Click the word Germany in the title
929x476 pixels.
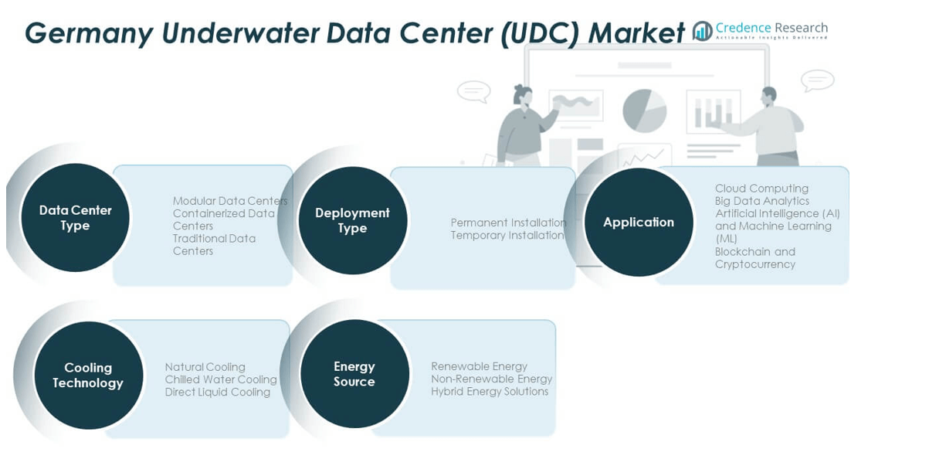pos(89,33)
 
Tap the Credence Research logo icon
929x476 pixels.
pos(703,31)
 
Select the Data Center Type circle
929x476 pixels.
pos(75,218)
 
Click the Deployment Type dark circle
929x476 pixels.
pos(352,220)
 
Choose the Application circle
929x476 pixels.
pos(639,222)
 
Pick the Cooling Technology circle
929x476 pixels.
pos(88,375)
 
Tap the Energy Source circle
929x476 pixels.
pos(354,373)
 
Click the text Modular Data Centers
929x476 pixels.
pos(230,201)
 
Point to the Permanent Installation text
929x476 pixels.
pos(508,223)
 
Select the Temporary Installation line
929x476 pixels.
pos(507,236)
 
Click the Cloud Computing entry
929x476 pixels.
pos(762,189)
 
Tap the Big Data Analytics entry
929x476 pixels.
pos(762,201)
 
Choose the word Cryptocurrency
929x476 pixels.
pos(755,264)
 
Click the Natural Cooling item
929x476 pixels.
pos(205,367)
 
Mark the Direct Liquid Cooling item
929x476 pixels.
pos(217,393)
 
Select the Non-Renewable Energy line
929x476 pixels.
pos(491,379)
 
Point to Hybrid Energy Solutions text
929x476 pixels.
pos(490,391)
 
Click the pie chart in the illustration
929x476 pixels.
pos(645,110)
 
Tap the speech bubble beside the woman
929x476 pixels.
pos(474,91)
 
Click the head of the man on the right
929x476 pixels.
pos(769,97)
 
